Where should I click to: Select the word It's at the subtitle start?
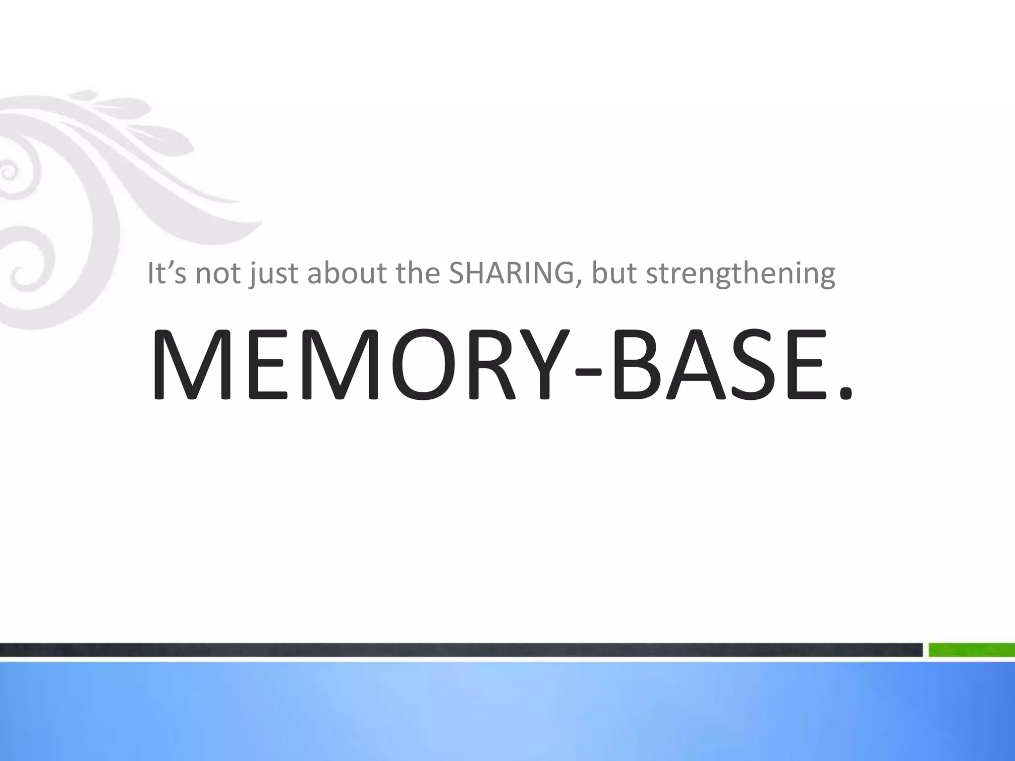pyautogui.click(x=167, y=273)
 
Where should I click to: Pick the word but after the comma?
pyautogui.click(x=614, y=273)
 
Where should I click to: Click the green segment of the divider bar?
pyautogui.click(x=971, y=650)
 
